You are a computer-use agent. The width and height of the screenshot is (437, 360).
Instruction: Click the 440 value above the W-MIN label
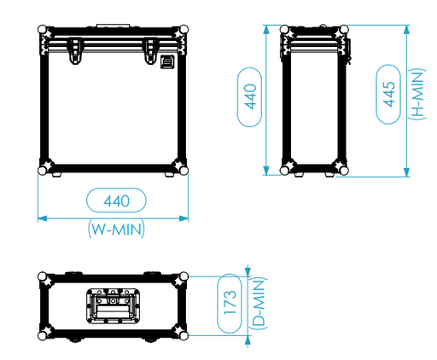(116, 201)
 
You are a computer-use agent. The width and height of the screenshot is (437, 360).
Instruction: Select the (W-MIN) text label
(116, 228)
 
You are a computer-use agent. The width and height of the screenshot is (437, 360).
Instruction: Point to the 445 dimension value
(389, 95)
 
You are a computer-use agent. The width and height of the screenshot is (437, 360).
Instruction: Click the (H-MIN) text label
(417, 95)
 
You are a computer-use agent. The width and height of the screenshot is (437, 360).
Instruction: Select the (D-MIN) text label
(259, 305)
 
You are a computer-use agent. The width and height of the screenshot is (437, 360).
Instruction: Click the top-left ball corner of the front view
(43, 29)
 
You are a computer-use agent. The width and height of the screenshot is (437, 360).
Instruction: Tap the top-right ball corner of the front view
(184, 29)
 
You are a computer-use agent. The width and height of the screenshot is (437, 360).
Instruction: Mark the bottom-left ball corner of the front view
(43, 170)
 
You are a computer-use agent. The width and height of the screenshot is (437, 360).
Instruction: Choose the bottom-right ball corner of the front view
(184, 170)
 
